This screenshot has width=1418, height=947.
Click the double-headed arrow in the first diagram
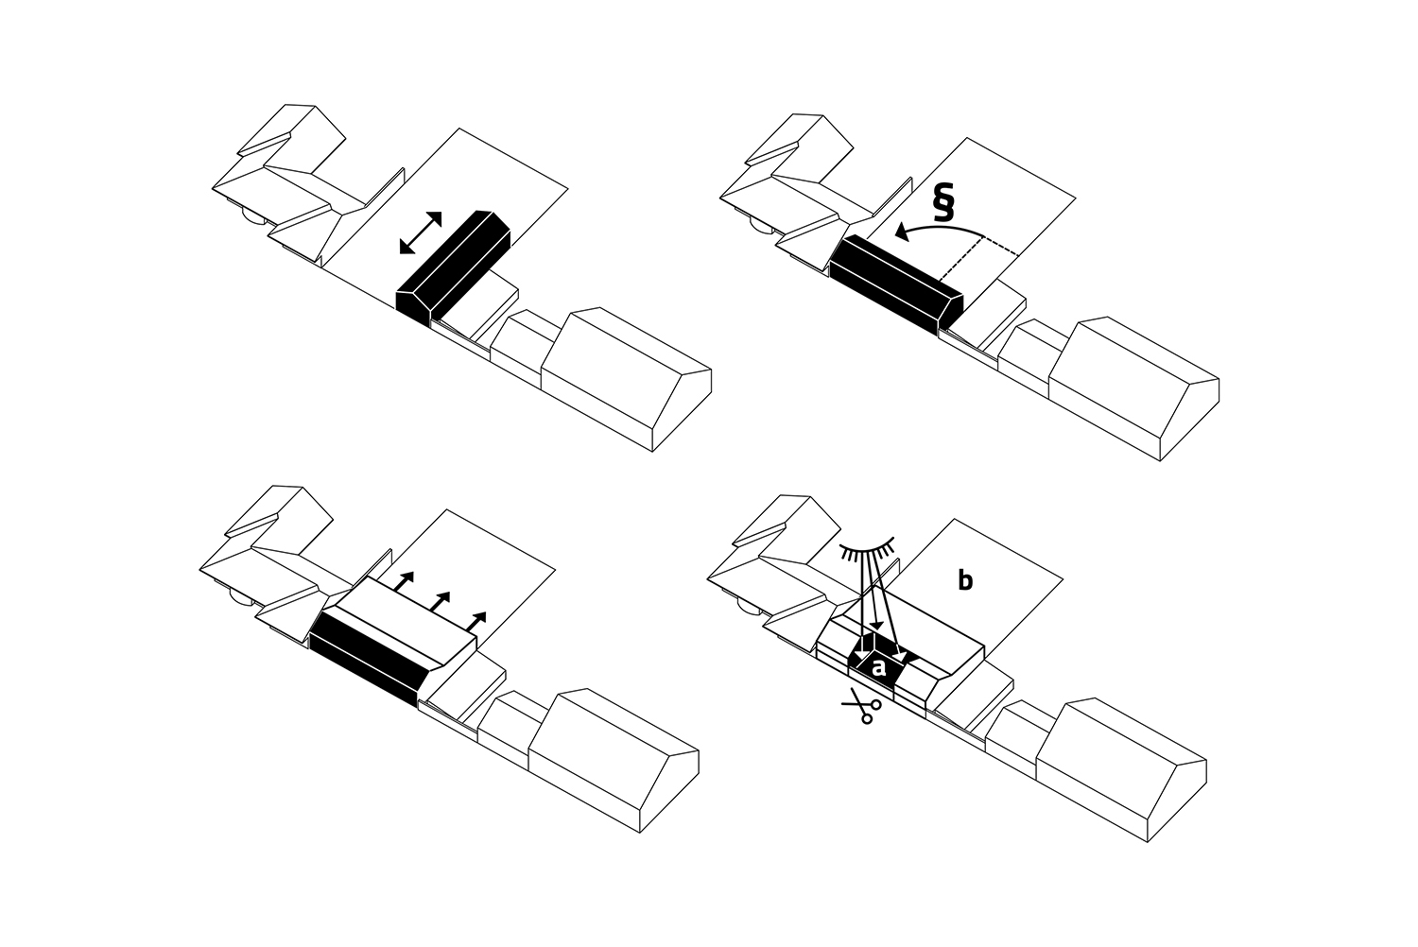click(x=421, y=232)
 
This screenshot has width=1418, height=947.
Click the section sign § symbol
click(x=943, y=201)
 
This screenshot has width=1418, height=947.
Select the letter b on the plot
click(x=965, y=580)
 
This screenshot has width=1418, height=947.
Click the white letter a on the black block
click(x=878, y=666)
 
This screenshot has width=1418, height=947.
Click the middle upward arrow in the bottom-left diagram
click(x=440, y=601)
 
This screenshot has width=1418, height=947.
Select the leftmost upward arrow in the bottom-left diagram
click(x=405, y=581)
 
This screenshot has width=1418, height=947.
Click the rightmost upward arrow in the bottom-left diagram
click(x=476, y=622)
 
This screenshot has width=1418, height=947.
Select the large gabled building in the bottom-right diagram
click(x=1121, y=769)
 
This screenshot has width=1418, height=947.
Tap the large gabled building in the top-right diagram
click(x=1133, y=388)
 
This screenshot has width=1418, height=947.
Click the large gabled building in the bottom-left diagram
click(x=614, y=760)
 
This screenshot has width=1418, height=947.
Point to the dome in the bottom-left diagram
click(x=241, y=599)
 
